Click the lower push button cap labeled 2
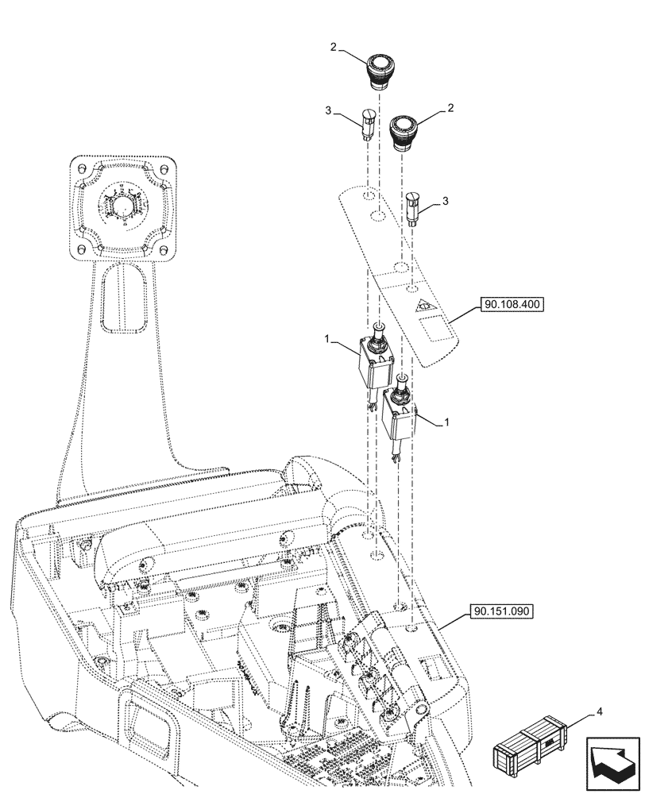point(403,129)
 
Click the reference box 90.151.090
point(501,611)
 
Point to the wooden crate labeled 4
point(530,747)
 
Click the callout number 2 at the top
point(334,48)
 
